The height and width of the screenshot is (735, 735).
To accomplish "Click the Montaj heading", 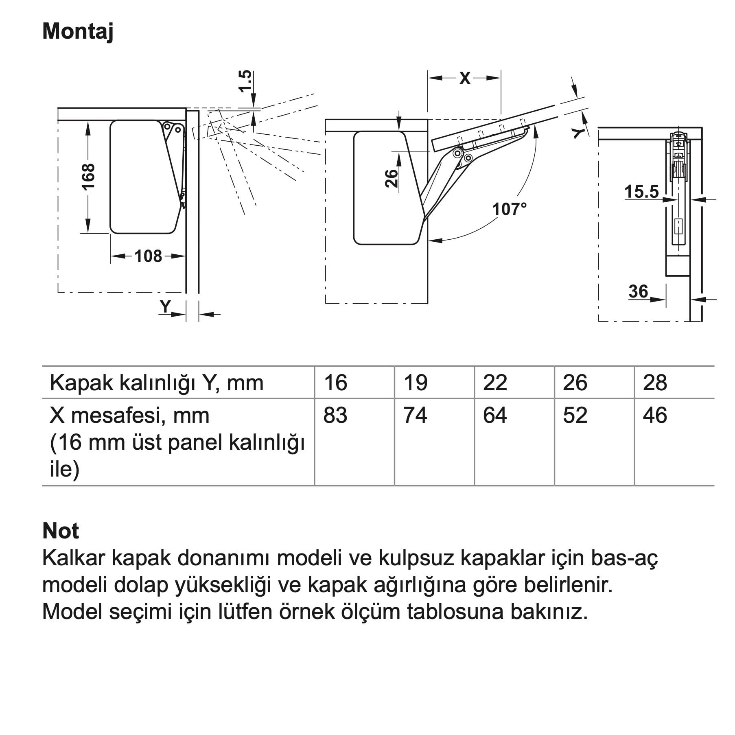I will tap(78, 31).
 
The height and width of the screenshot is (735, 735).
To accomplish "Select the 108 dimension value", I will tap(148, 256).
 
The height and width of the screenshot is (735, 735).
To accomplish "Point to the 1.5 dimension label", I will tap(245, 81).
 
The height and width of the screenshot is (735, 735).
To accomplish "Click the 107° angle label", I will tap(509, 209).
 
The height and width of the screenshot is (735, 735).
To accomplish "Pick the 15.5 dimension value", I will tap(641, 192).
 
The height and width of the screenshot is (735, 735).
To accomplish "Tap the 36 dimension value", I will tap(638, 291).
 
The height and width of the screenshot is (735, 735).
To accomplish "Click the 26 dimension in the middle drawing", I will tap(391, 178).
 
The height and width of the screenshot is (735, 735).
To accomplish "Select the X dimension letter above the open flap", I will tap(464, 78).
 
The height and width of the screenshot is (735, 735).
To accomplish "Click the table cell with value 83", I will tap(335, 416).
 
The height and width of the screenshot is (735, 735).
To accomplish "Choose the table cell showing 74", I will tap(415, 416).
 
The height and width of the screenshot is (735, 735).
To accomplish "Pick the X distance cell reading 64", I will tap(495, 416).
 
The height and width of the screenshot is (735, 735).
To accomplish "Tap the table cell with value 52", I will tap(575, 416).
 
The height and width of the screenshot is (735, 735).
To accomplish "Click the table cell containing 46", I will tap(655, 416).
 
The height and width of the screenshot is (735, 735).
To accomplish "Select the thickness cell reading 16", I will tap(336, 383).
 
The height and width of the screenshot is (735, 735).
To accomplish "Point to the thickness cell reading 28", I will tap(655, 383).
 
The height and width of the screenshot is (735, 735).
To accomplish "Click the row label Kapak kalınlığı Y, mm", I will tap(157, 383).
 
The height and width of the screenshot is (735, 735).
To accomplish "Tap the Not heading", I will tap(61, 531).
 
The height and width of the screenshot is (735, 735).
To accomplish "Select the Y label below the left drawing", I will tap(165, 306).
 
